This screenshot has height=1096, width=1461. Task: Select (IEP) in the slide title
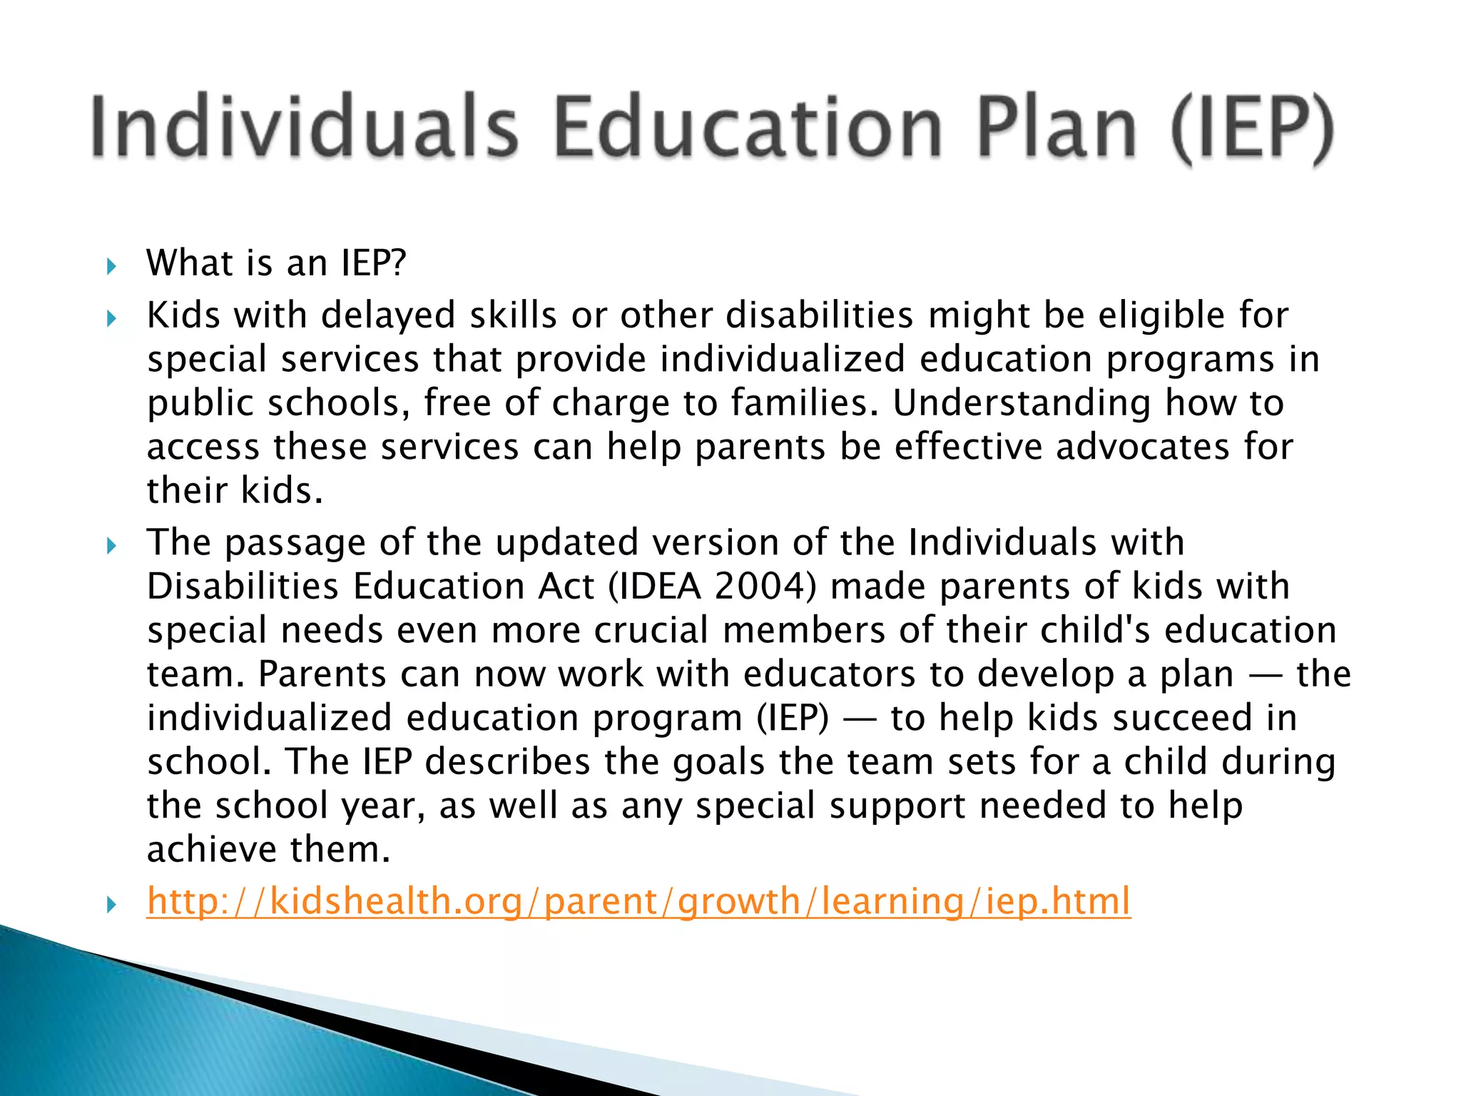coord(1252,128)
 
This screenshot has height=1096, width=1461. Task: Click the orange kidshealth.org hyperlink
coord(638,900)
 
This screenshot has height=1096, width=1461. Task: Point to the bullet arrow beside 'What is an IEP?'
coord(111,267)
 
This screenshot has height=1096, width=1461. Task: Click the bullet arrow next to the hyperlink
coord(111,905)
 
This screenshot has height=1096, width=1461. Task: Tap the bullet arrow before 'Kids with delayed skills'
coord(111,318)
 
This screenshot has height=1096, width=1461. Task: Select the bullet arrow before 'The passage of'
coord(111,546)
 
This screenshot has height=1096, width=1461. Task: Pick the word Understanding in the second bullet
coord(1022,403)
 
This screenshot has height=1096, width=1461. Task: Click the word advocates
coord(1143,447)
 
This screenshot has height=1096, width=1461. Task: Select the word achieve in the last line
coord(211,850)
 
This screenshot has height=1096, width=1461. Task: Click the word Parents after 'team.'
coord(322,674)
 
